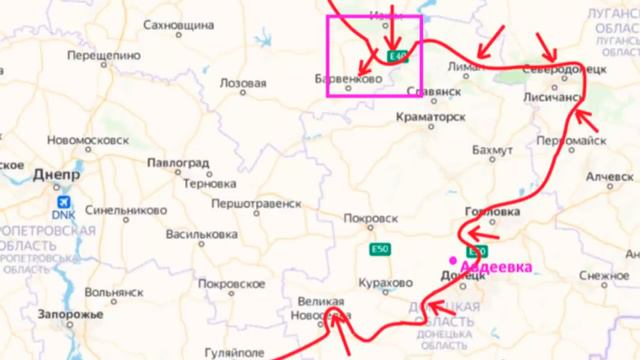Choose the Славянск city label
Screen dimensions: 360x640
click(434, 90)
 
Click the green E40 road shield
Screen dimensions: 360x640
click(399, 57)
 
